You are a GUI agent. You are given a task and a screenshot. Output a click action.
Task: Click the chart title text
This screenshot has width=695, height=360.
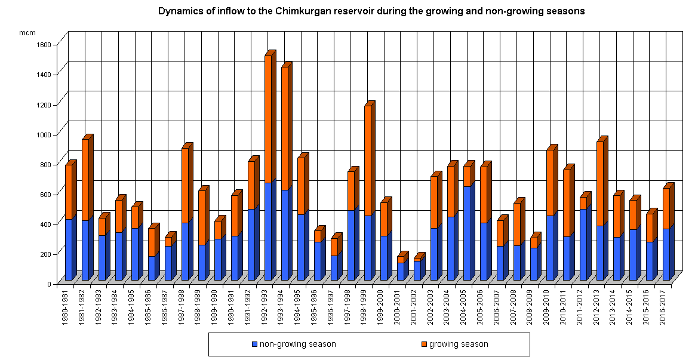[371, 11]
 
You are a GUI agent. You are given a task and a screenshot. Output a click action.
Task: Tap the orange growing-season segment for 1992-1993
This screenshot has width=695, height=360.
[268, 119]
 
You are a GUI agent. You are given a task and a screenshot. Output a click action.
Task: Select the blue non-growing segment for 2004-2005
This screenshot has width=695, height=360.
[467, 233]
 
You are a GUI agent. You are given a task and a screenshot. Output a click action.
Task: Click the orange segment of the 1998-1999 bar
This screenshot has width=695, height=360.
[368, 161]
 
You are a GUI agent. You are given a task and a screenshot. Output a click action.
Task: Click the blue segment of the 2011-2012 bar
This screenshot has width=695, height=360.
[583, 245]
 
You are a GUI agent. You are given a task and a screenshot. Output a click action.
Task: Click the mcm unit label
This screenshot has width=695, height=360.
[27, 32]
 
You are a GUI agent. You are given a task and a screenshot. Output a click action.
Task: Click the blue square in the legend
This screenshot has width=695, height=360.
[255, 344]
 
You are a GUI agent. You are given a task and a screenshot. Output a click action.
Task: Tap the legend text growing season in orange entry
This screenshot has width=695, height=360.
[459, 344]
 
